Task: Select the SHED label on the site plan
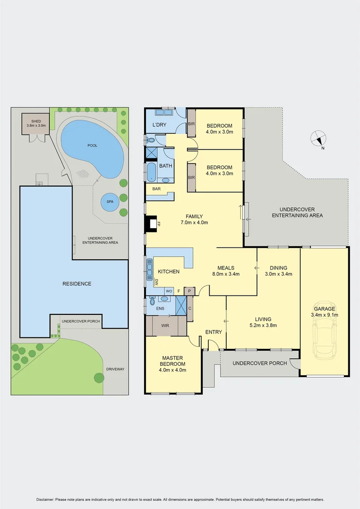point(36,121)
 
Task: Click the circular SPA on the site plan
point(110,202)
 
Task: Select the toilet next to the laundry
point(150,140)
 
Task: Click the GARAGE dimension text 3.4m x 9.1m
point(325,315)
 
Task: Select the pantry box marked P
point(189,291)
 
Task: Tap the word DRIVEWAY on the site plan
point(115,369)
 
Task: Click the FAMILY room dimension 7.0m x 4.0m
point(194,222)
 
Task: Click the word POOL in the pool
point(92,146)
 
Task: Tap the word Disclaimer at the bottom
point(45,500)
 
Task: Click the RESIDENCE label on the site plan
point(77,284)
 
